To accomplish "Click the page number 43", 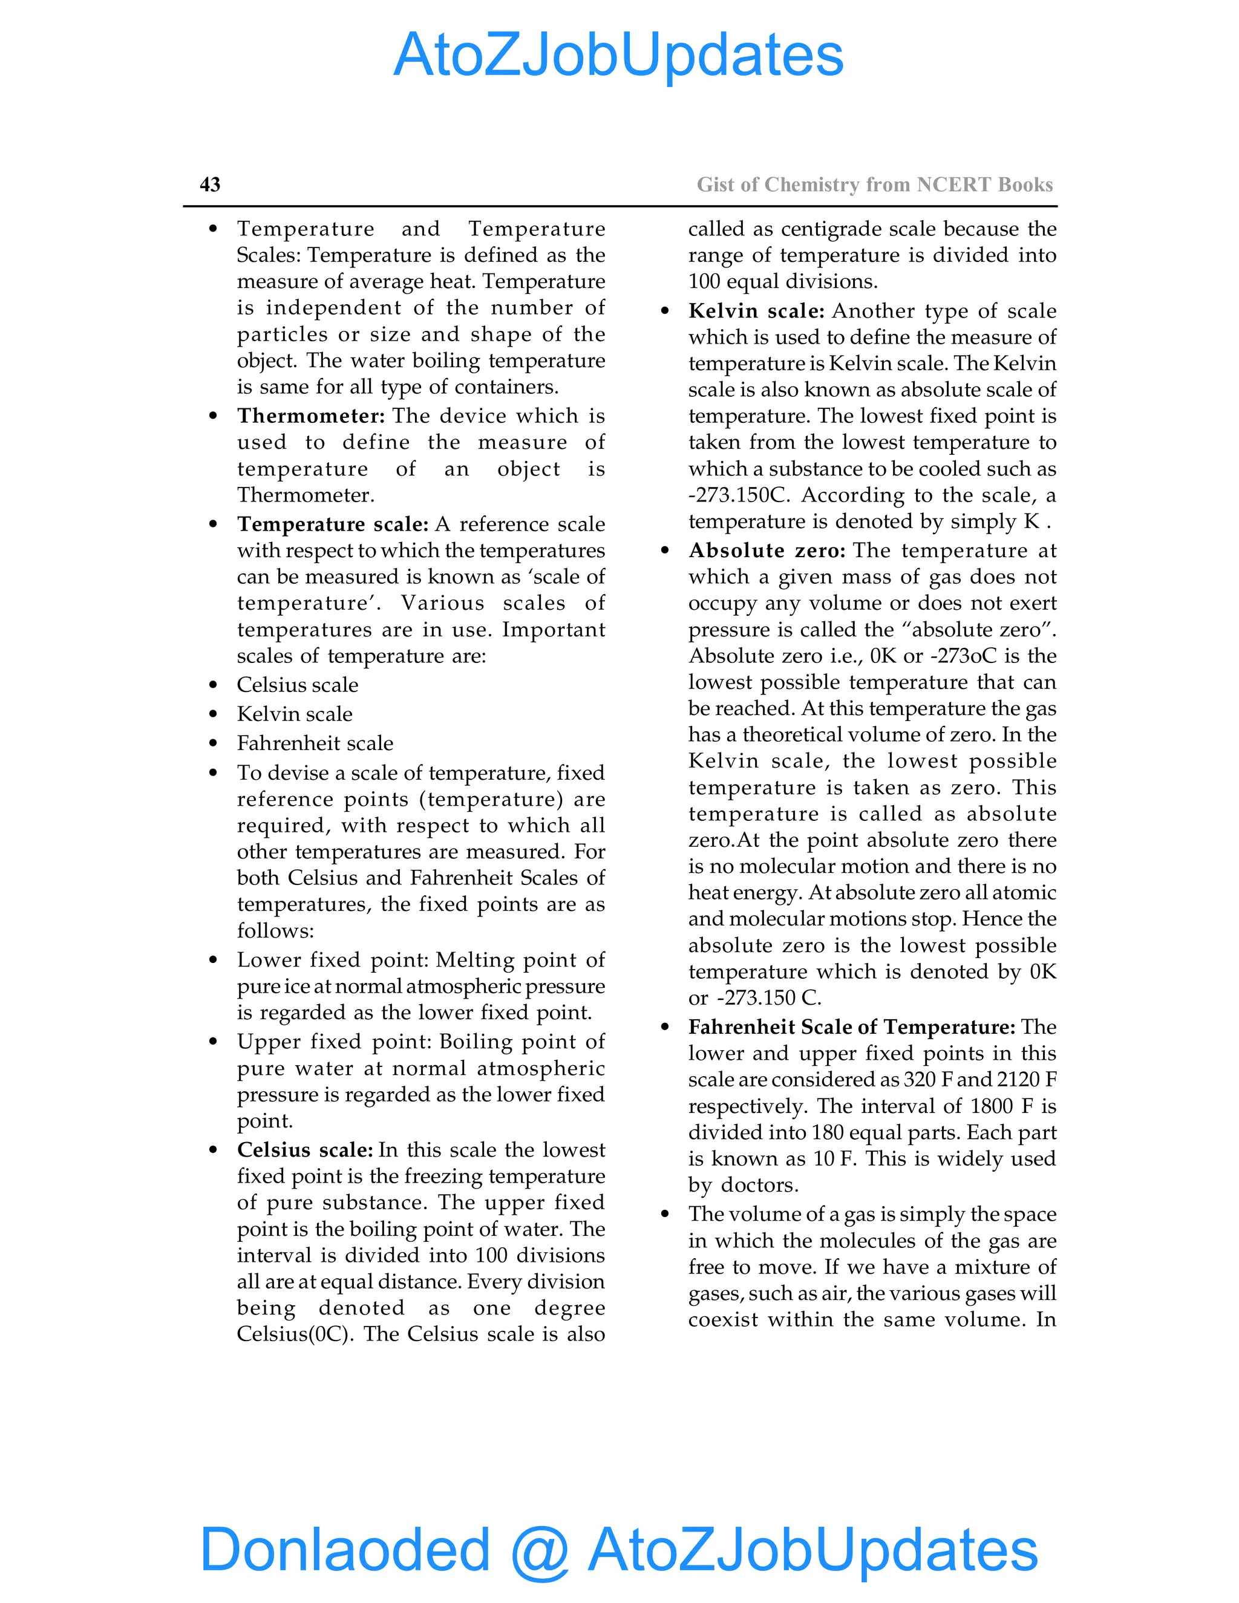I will click(210, 184).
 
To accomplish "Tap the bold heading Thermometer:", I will click(310, 416).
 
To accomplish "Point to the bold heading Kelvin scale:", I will click(756, 310).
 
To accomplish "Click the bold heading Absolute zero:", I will click(767, 550).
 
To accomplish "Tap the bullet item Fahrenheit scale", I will click(315, 743).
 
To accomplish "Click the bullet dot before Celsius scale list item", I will click(213, 685).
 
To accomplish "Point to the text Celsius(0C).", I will click(296, 1334).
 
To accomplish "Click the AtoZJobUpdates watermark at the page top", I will click(619, 55).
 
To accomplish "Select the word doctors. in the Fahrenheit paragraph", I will click(760, 1186).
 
